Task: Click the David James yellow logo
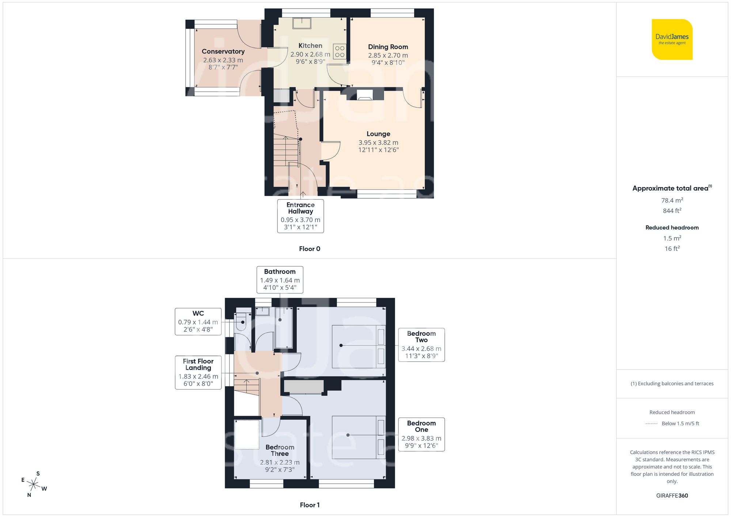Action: point(672,39)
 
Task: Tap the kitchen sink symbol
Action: point(302,23)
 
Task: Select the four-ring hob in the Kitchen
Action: point(340,52)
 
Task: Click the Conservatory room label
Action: point(223,52)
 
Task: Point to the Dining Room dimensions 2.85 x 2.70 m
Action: point(388,55)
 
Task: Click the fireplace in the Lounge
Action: point(364,95)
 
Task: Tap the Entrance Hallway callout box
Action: point(300,216)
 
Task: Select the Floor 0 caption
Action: point(309,249)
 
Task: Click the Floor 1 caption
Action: point(309,505)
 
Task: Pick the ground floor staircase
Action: point(286,151)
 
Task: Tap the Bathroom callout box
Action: point(280,280)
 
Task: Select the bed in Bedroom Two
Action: point(359,346)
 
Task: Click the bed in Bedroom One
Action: point(359,437)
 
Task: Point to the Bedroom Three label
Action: point(280,450)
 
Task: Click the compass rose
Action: point(34,484)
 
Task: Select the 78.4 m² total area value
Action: point(672,200)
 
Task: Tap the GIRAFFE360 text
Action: point(672,496)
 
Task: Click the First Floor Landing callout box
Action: point(198,372)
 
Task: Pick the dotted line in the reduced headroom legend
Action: point(651,424)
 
